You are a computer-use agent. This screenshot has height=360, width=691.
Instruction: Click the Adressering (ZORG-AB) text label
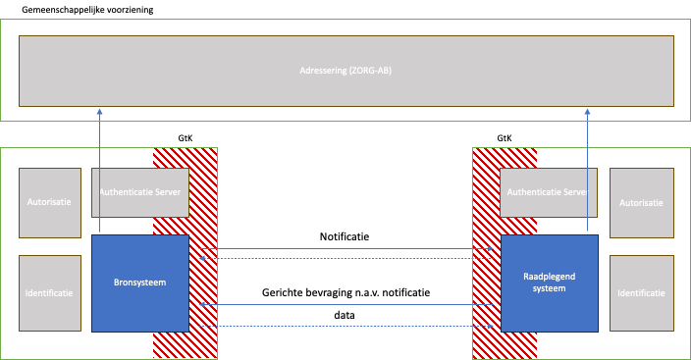coord(345,71)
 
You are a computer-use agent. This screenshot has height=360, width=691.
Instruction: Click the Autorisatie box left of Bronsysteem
coord(50,202)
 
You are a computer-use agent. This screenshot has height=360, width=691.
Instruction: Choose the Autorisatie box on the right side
coord(641,202)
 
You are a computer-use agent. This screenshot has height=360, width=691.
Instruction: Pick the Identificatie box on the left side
coord(50,292)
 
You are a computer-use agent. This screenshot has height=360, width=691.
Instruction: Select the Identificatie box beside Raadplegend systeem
coord(641,292)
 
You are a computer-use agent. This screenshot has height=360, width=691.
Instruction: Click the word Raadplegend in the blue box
coord(549,277)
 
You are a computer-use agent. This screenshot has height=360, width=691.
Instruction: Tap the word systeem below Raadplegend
coord(549,288)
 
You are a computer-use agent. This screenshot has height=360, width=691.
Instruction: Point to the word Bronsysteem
coord(140,283)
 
